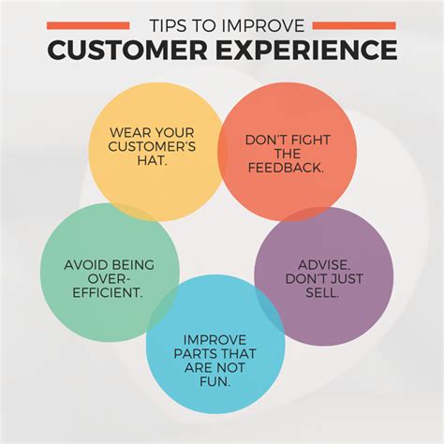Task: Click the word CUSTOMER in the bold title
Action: tap(127, 50)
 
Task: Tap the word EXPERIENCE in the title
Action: tap(306, 50)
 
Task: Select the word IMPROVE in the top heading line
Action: tap(262, 25)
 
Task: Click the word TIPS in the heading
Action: tap(166, 25)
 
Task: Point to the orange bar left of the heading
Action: tap(88, 25)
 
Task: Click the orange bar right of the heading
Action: tap(354, 25)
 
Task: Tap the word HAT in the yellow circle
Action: tap(151, 160)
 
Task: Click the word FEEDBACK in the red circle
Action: tap(286, 168)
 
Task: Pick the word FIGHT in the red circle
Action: tap(309, 140)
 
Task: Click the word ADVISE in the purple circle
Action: tap(323, 265)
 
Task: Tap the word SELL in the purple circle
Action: tap(322, 292)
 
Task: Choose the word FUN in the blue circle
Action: tap(215, 381)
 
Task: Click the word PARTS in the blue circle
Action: tap(193, 354)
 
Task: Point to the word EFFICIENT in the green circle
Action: tap(108, 292)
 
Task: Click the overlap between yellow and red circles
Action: tap(220, 153)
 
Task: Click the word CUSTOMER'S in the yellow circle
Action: tap(152, 146)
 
